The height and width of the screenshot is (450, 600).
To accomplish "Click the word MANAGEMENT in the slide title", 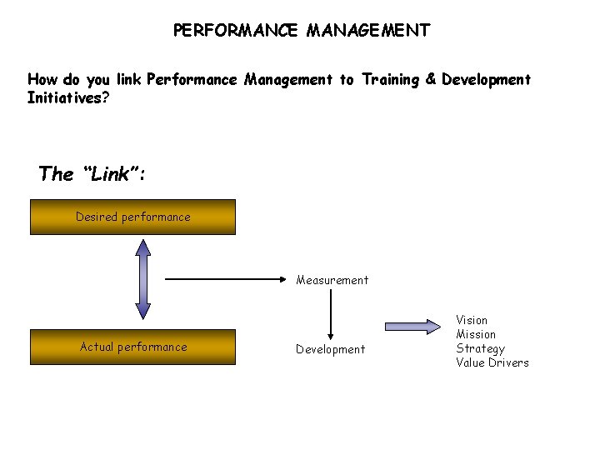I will [368, 31].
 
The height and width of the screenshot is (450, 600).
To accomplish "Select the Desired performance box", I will [132, 217].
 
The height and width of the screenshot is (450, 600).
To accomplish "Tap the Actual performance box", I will [132, 347].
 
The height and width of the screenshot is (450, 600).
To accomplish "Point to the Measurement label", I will [332, 280].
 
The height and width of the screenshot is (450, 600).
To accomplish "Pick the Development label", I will [330, 349].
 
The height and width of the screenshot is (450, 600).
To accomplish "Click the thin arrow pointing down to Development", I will [332, 313].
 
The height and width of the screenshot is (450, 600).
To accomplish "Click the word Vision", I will [472, 320].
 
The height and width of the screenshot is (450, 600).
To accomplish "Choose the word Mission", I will [475, 334].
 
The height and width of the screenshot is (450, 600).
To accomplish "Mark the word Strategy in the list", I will [480, 348].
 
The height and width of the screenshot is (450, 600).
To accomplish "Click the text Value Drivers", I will [492, 362].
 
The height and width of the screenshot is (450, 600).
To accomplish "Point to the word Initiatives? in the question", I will [67, 97].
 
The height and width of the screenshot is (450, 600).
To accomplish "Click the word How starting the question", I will [42, 80].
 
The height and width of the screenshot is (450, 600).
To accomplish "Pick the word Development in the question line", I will [486, 80].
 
